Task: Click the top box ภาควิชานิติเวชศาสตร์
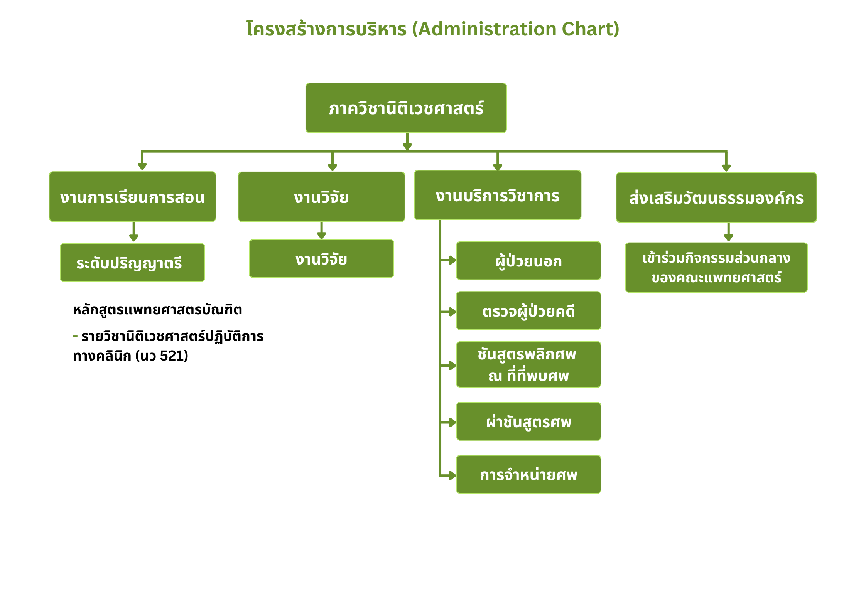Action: (406, 108)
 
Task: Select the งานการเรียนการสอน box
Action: (132, 197)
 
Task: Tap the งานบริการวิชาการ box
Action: (497, 195)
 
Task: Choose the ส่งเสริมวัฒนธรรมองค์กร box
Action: (716, 197)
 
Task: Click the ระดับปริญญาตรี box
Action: (132, 263)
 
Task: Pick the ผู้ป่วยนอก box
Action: (528, 261)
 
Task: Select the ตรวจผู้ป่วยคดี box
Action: (528, 311)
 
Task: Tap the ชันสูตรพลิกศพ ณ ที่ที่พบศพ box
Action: (528, 364)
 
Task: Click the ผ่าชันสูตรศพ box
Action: (528, 421)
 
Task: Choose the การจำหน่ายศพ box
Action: (528, 474)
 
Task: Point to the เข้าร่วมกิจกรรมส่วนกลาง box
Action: (716, 268)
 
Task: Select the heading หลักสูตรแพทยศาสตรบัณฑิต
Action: (157, 310)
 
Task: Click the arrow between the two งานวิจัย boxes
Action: (321, 231)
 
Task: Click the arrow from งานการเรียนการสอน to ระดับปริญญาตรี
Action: (133, 232)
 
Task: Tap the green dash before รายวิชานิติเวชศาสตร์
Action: (75, 336)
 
